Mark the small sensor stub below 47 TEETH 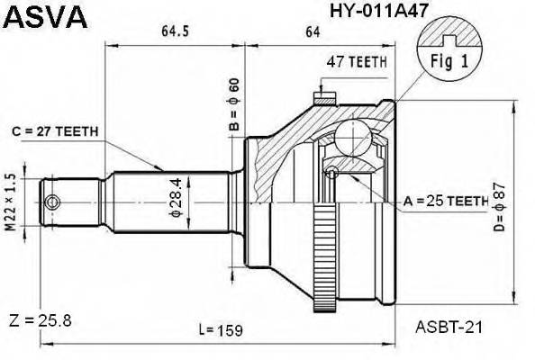pyautogui.click(x=320, y=94)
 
